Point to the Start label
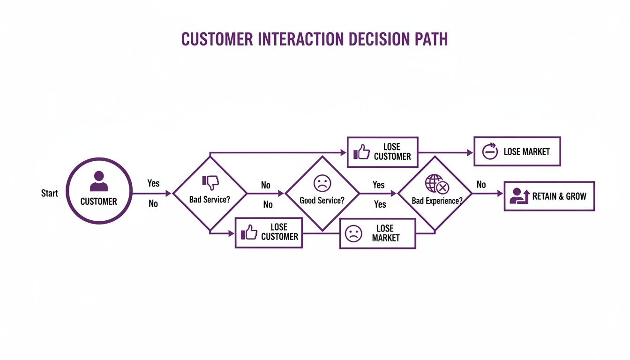(x=50, y=193)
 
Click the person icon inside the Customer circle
(x=98, y=181)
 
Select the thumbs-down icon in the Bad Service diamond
(x=210, y=182)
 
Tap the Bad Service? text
(x=210, y=199)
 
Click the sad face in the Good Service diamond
(x=322, y=183)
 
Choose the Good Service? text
(x=322, y=200)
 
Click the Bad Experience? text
(x=437, y=201)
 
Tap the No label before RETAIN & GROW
(x=481, y=185)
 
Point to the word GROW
(x=576, y=196)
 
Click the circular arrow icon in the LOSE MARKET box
(x=490, y=151)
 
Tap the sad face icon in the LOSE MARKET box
(x=353, y=233)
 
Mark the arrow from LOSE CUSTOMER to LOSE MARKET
(x=445, y=152)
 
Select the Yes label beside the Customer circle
(x=153, y=183)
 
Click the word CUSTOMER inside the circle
(x=98, y=202)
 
